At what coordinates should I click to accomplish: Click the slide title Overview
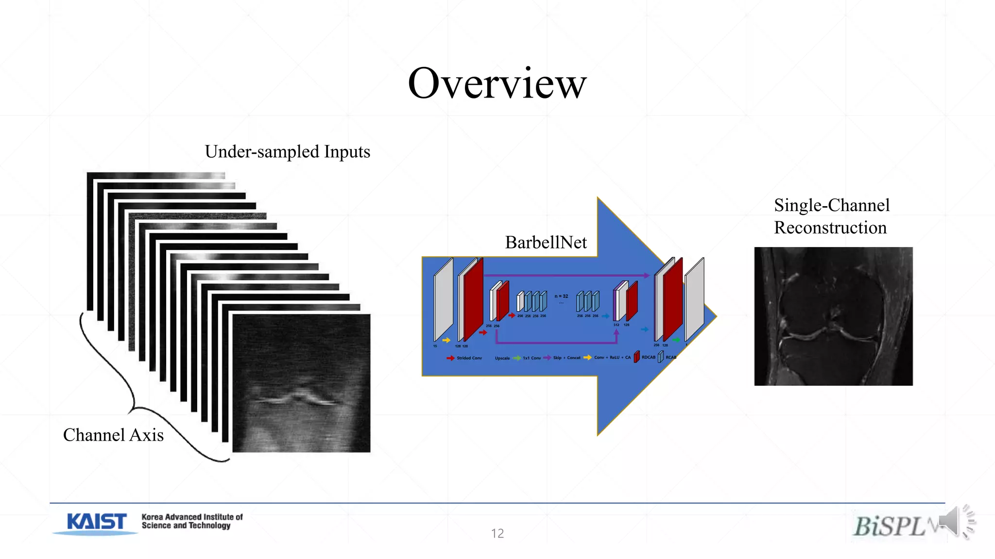point(497,83)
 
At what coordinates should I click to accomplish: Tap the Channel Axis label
point(113,435)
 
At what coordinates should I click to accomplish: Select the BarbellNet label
point(546,242)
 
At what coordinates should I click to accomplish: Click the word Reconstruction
point(830,228)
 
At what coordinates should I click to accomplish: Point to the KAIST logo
point(96,523)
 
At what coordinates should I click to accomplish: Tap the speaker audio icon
point(956,522)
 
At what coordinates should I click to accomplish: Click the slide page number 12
point(497,533)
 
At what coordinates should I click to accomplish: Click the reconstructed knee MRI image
point(833,316)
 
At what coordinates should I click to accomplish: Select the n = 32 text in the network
point(561,296)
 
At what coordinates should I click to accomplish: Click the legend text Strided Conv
point(469,358)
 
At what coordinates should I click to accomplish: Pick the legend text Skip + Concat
point(566,358)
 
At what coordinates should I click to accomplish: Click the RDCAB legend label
point(648,357)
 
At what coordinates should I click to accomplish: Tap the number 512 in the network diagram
point(616,325)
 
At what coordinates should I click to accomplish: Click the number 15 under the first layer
point(435,346)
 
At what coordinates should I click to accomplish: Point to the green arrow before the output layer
point(676,340)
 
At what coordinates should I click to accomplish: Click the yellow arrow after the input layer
point(446,340)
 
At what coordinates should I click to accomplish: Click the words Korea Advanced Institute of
point(192,517)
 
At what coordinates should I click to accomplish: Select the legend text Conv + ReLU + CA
point(612,358)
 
